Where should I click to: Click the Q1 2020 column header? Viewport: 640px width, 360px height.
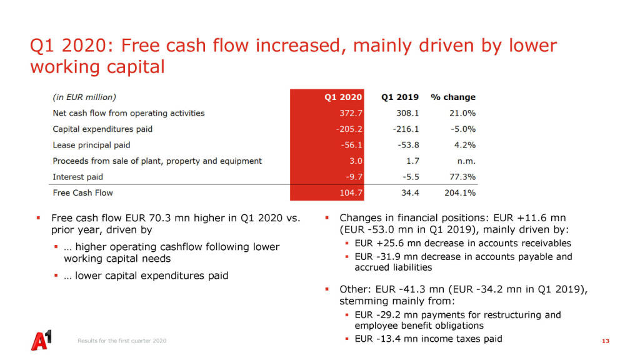343,97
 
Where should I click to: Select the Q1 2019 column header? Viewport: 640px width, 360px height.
400,97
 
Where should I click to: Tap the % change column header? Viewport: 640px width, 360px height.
453,97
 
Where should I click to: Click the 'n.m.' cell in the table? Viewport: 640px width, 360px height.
466,161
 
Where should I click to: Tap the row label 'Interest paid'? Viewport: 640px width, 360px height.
78,177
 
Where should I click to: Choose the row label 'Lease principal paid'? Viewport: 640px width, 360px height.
91,145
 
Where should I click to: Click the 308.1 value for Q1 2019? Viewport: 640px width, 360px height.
407,113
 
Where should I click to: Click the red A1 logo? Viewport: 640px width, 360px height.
41,340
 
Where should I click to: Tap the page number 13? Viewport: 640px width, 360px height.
605,341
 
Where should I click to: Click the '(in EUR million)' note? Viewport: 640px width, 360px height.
84,97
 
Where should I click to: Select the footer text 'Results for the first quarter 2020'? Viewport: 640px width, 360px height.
122,341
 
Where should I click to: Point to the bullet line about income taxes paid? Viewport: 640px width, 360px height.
428,339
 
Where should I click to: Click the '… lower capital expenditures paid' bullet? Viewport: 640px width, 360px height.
151,275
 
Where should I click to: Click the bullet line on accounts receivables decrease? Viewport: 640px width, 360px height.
462,243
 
